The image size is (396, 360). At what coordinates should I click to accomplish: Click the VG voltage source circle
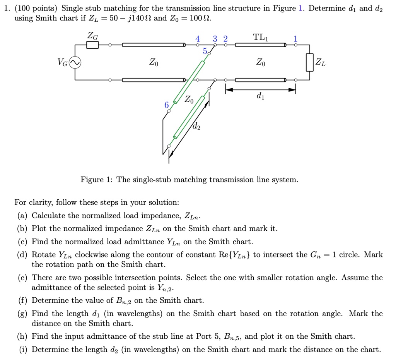pyautogui.click(x=75, y=63)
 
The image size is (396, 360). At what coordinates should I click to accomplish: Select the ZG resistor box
pyautogui.click(x=92, y=45)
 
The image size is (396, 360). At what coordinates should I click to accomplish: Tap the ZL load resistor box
pyautogui.click(x=309, y=63)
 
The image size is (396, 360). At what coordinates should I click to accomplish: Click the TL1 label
pyautogui.click(x=263, y=38)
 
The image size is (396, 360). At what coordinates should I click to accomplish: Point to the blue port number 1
pyautogui.click(x=295, y=38)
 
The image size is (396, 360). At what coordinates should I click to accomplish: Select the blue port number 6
pyautogui.click(x=166, y=105)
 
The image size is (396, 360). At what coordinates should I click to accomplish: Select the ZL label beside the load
pyautogui.click(x=320, y=62)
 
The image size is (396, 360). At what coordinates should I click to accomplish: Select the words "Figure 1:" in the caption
pyautogui.click(x=97, y=180)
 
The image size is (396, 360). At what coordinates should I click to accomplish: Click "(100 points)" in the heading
pyautogui.click(x=38, y=8)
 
